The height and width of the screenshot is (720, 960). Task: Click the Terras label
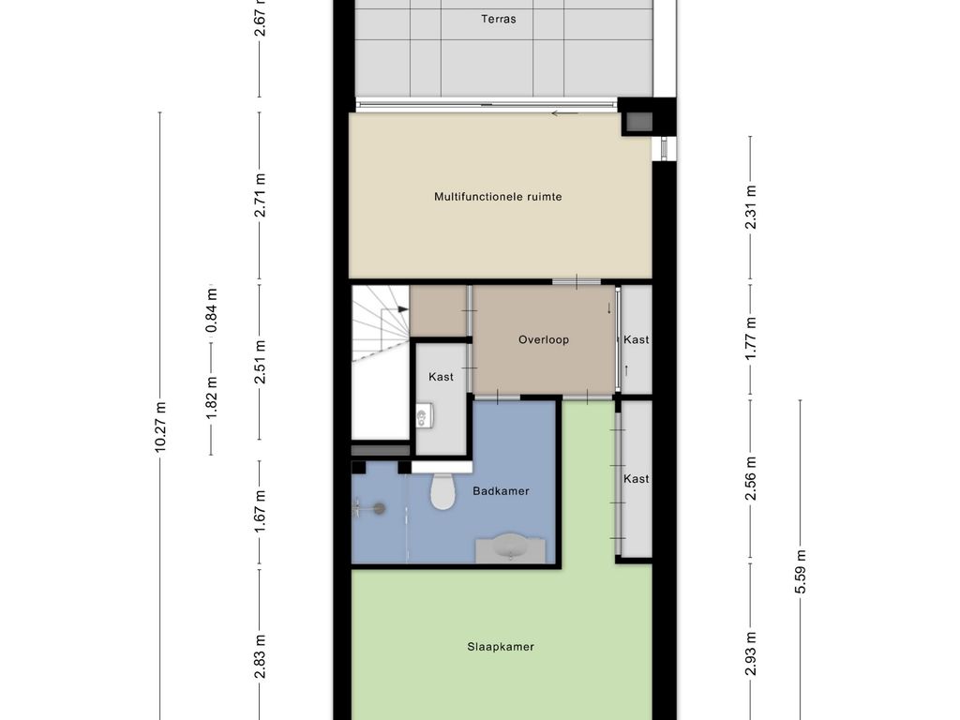[499, 19]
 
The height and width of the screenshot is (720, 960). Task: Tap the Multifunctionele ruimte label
[498, 197]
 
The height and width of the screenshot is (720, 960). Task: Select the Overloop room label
[544, 339]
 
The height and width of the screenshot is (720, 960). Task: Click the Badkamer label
[501, 491]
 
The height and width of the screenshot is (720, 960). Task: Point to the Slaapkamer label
[501, 647]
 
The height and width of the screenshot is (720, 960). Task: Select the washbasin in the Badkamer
[511, 547]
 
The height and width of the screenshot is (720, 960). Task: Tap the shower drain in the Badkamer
[380, 508]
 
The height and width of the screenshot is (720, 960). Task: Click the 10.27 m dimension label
[160, 427]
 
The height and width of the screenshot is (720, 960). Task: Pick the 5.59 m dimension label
[801, 572]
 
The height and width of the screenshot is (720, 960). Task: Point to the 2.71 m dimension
[260, 195]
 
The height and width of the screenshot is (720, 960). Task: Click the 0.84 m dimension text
[212, 310]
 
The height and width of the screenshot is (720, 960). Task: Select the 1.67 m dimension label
[260, 511]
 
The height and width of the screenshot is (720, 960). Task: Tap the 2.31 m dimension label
[751, 207]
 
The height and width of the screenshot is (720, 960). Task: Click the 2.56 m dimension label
[751, 478]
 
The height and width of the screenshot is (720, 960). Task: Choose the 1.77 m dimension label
[751, 337]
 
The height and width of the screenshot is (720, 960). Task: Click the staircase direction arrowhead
[403, 309]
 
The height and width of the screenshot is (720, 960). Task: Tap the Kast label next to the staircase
[441, 377]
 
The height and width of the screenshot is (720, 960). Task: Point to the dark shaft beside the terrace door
[637, 124]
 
